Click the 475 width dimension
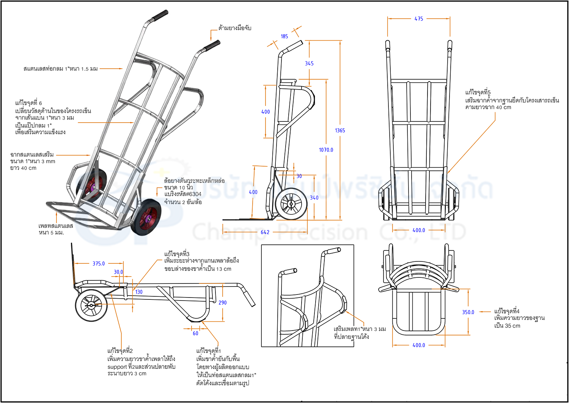click(x=418, y=19)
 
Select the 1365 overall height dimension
click(x=340, y=130)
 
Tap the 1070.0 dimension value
click(x=326, y=150)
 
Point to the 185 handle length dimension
click(x=284, y=36)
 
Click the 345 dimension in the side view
click(x=309, y=63)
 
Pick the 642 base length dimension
click(x=265, y=232)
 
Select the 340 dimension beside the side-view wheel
click(x=314, y=197)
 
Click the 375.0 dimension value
click(x=99, y=263)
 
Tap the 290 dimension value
click(x=222, y=302)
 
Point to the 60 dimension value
click(x=195, y=333)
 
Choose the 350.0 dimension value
click(x=468, y=312)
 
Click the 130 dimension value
click(x=139, y=292)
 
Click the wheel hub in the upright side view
click(x=291, y=204)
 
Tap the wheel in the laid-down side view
click(x=91, y=305)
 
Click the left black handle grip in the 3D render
click(x=160, y=16)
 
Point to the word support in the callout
click(x=117, y=367)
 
